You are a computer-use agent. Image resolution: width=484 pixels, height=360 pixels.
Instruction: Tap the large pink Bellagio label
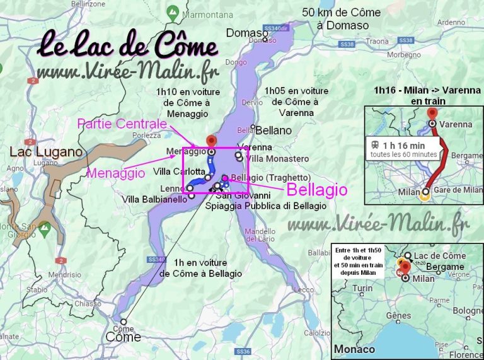point(316,190)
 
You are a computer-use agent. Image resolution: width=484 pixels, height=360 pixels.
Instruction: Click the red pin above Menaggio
point(212,140)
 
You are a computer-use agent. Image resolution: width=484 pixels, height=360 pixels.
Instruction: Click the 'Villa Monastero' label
point(278,159)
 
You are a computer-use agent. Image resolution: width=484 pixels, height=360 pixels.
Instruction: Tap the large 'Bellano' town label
point(274,131)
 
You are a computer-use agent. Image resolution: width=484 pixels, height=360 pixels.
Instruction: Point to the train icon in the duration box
point(372,144)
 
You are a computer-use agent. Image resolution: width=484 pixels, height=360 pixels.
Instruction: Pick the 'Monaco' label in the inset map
point(354,349)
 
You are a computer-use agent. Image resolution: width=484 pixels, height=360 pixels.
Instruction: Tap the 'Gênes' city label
point(398,315)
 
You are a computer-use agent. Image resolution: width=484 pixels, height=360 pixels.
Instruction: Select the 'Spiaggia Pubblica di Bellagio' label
point(267,206)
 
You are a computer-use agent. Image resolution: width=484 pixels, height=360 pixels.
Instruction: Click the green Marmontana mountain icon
point(173,12)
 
